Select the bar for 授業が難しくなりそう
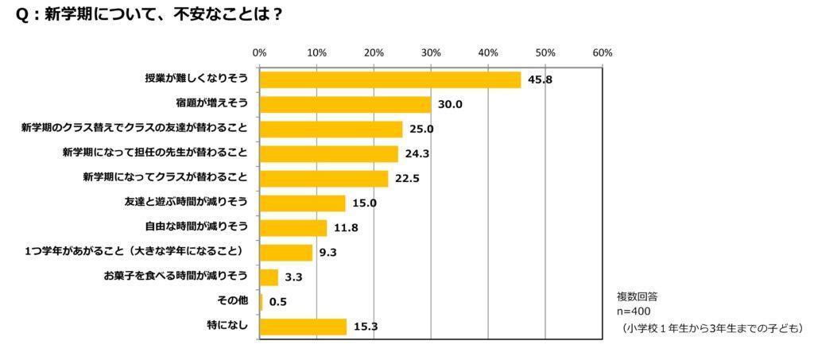click(390, 79)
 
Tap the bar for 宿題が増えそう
click(345, 104)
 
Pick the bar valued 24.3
click(328, 153)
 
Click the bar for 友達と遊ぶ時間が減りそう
click(302, 203)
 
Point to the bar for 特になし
click(303, 326)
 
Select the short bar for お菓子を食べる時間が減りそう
click(269, 277)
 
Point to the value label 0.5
click(277, 302)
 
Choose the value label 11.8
click(343, 227)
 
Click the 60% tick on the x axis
click(603, 52)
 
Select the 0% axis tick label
click(259, 52)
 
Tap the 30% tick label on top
click(431, 52)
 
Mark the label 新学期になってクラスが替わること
click(165, 178)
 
